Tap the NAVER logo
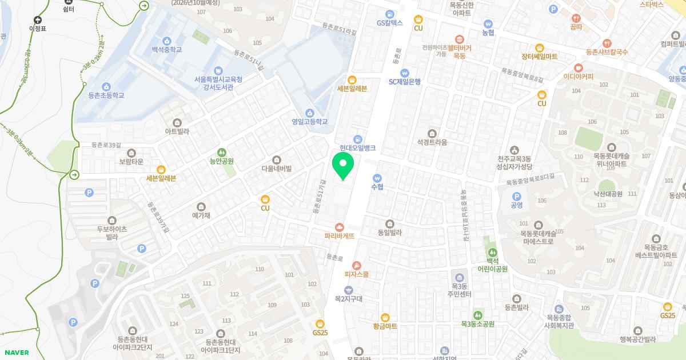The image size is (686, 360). coord(16,353)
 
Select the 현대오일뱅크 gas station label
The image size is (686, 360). coord(357,147)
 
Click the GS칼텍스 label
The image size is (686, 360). coord(390,23)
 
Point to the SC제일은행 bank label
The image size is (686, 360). coord(405,81)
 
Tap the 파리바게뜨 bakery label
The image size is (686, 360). coord(340,235)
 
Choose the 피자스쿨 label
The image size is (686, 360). coord(357,274)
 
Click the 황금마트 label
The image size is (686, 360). coord(385,326)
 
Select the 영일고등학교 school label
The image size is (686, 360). coord(310,121)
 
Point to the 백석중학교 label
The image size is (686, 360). coord(166,49)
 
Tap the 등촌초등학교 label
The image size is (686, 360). coord(106,95)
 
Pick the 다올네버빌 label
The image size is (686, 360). coord(277,168)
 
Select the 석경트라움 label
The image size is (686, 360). coord(432,142)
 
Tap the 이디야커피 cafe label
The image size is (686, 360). coord(579,76)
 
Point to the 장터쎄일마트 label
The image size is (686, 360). coord(539,56)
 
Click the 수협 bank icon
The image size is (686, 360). coord(377,178)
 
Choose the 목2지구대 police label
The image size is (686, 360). coord(349,298)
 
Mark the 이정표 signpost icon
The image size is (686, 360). coord(38,20)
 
